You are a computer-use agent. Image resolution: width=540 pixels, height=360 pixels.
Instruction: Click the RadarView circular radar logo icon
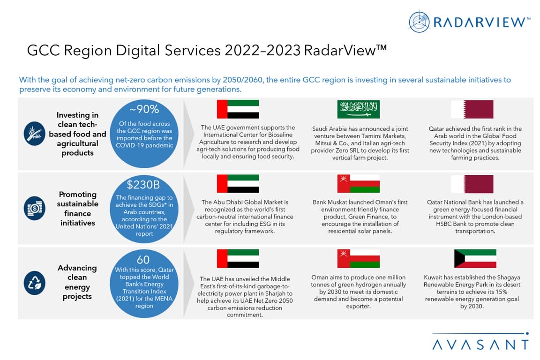coord(419,22)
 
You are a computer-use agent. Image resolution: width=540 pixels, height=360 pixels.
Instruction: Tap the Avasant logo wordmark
coord(480,345)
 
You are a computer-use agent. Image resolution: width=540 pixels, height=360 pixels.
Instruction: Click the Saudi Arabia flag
coord(358,109)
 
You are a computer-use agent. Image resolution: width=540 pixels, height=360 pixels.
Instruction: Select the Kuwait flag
coord(475,258)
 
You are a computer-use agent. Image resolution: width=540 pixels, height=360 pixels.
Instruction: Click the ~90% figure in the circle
coord(144,109)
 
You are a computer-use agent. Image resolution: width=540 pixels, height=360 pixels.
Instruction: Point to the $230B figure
coord(143,185)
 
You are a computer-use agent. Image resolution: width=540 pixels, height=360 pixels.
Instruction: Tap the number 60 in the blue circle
coord(143,259)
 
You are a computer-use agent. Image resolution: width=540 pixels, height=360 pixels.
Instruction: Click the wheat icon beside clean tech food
coord(34,133)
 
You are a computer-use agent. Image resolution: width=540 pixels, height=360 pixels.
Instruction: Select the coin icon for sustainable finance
coord(34,208)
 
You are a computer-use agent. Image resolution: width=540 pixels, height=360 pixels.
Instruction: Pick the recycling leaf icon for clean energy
coord(34,283)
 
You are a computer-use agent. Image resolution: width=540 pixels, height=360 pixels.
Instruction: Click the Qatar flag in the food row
coord(472,109)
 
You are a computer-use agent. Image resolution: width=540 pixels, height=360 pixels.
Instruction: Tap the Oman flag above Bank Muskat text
coord(358,184)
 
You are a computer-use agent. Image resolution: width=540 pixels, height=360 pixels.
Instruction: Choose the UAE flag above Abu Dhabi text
coord(238,184)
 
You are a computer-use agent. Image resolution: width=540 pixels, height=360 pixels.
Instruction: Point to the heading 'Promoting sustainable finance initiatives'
coord(77,209)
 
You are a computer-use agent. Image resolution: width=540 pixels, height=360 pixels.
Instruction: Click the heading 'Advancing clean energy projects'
coord(77,282)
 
